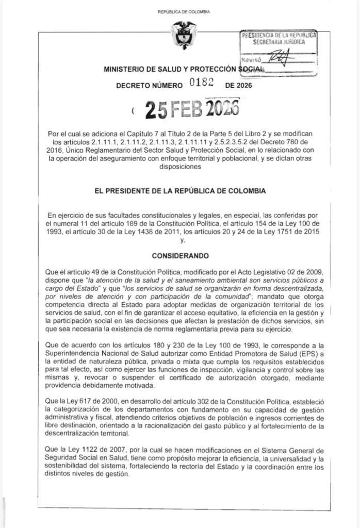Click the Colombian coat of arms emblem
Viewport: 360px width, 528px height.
(184, 35)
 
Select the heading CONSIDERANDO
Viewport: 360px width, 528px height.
(180, 255)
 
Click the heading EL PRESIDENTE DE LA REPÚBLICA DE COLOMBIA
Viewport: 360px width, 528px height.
(180, 191)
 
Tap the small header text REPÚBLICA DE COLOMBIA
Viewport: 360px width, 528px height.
(184, 11)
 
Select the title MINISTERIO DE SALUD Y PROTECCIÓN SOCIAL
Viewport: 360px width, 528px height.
(184, 69)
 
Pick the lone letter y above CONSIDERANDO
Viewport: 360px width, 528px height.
(181, 241)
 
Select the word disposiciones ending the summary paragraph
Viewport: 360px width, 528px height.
(180, 167)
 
